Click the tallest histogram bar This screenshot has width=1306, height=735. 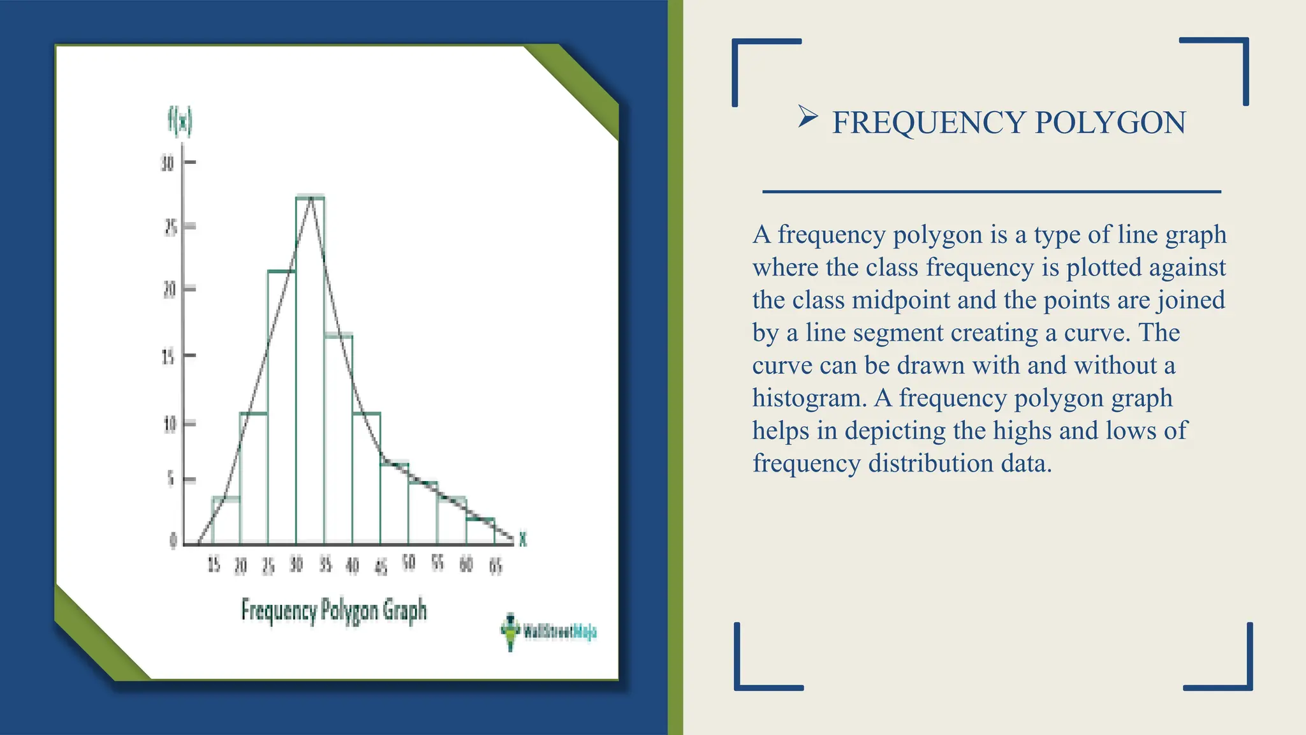[310, 370]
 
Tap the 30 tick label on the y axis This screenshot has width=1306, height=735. [167, 163]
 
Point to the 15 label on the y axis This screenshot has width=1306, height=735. [168, 357]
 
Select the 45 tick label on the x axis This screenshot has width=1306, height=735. [381, 567]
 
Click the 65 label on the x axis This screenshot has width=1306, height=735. [495, 565]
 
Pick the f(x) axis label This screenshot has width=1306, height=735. [180, 121]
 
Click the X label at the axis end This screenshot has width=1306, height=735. [523, 540]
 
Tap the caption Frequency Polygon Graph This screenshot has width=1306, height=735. [334, 611]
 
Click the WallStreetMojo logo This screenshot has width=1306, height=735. [548, 632]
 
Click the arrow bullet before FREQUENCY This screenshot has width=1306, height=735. [807, 117]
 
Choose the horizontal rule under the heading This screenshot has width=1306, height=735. [992, 191]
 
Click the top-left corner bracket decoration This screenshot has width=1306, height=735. [759, 64]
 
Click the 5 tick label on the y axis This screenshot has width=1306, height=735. [170, 480]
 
